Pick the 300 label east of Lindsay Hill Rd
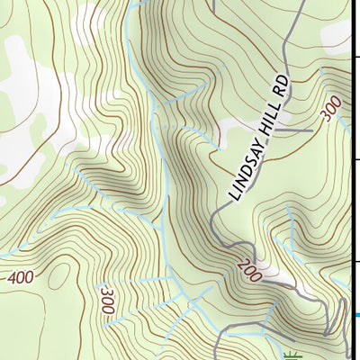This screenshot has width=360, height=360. pos(330,110)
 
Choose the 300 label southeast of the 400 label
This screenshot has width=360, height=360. pos(107,301)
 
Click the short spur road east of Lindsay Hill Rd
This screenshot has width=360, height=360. pos(292,131)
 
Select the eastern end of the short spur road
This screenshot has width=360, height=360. pos(311,131)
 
